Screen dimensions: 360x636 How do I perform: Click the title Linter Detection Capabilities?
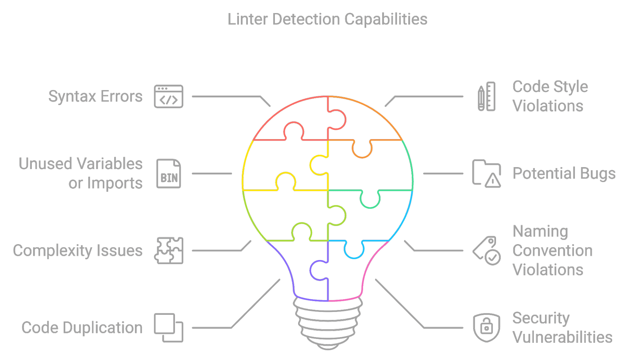(x=327, y=19)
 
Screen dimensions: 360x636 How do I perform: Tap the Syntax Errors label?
(x=95, y=96)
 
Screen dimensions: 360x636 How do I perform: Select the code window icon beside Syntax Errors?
(x=169, y=96)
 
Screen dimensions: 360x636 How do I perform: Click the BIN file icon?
(x=169, y=173)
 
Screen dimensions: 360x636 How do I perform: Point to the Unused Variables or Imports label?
(x=81, y=173)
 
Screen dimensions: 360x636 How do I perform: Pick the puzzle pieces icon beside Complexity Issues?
(x=169, y=251)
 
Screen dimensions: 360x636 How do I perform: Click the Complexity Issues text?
(x=78, y=251)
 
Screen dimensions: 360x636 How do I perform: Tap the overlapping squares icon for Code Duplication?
(x=169, y=328)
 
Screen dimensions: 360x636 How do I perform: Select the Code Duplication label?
(x=82, y=328)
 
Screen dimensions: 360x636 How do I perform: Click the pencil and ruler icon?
(x=487, y=96)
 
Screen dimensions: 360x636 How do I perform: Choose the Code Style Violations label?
(x=550, y=96)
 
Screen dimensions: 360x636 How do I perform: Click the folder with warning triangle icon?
(x=486, y=173)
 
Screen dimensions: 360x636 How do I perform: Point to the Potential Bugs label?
(x=564, y=174)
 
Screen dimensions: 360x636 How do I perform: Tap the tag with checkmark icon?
(x=487, y=251)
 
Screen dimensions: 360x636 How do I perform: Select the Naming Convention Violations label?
(x=552, y=251)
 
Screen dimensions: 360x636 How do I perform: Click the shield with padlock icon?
(x=486, y=328)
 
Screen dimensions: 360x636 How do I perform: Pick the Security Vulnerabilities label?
(x=562, y=328)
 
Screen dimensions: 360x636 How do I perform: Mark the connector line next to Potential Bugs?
(x=443, y=173)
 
